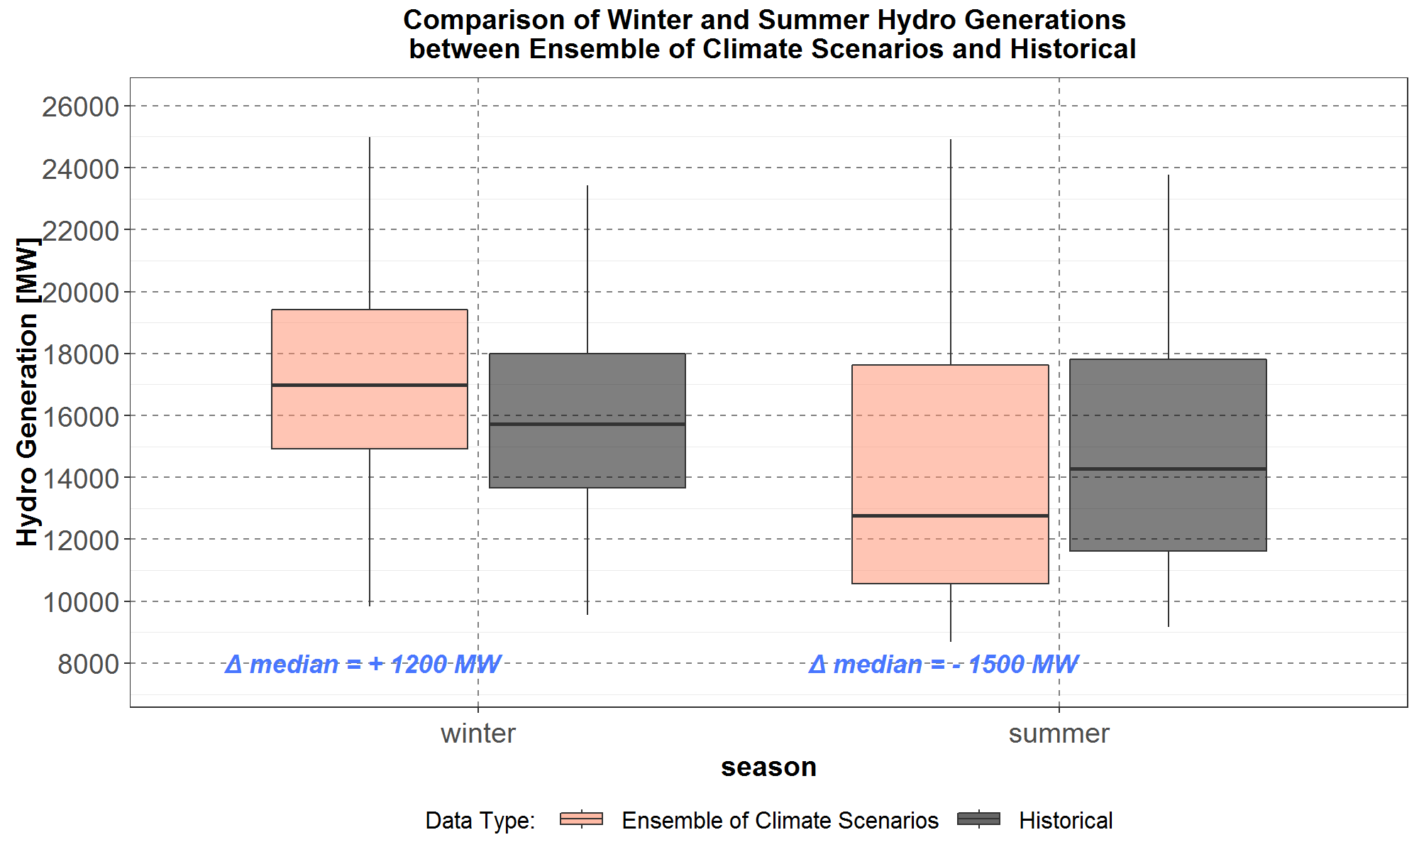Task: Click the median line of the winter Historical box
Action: click(x=587, y=424)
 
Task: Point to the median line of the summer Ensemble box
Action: click(x=950, y=515)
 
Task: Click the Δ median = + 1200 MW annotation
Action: click(x=363, y=665)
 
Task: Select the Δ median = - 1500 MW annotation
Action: click(x=944, y=665)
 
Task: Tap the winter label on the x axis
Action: click(x=478, y=733)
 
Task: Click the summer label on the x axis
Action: click(x=1059, y=733)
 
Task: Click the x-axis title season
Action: click(x=768, y=767)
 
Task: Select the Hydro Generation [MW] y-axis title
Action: click(x=27, y=392)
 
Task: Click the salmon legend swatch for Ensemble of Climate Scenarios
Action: click(x=581, y=819)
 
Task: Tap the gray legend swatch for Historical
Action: click(x=978, y=819)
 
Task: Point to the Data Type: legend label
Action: click(x=480, y=821)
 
